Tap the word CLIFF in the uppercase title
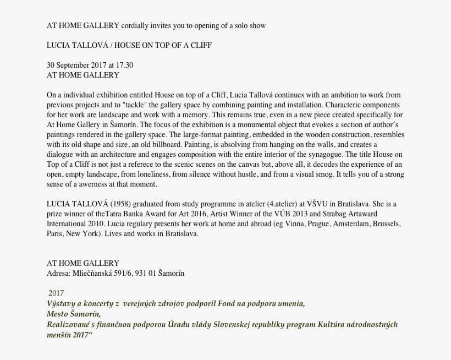200,45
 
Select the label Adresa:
58,273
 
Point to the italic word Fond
229,303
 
